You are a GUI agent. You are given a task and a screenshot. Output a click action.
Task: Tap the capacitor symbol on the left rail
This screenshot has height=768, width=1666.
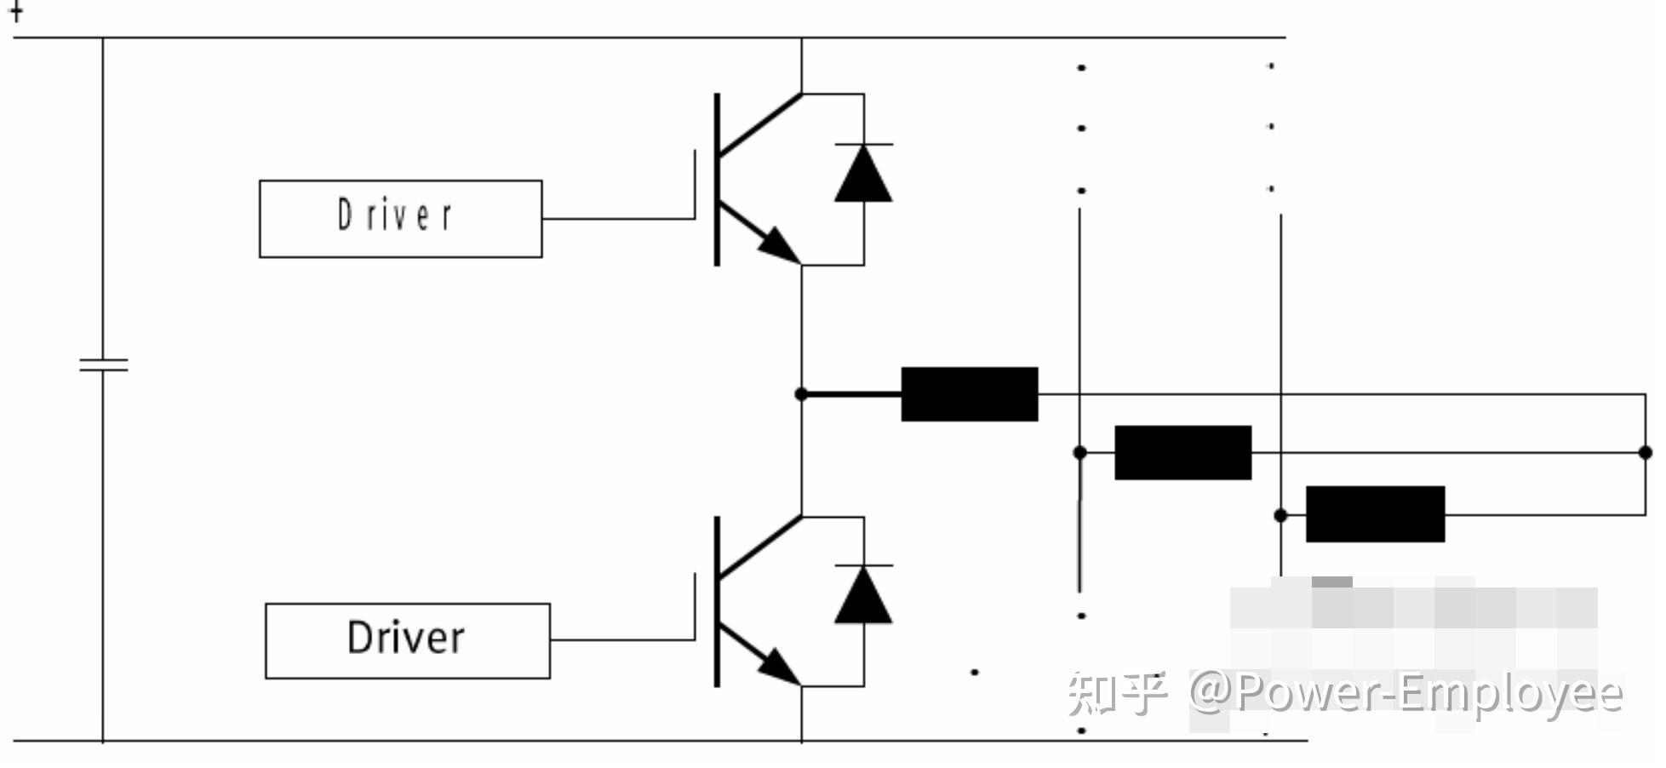[x=103, y=365]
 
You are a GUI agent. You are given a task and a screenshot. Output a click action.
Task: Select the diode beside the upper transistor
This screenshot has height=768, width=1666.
[x=863, y=173]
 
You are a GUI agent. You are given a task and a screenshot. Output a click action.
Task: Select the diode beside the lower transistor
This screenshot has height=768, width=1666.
[x=863, y=593]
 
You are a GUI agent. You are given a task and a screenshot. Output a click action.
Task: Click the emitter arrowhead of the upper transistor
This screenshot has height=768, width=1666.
[x=779, y=245]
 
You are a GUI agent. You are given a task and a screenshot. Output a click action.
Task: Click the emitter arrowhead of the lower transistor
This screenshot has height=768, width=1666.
[x=779, y=667]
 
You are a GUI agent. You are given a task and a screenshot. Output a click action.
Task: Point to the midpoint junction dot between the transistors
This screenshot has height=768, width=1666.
[x=801, y=394]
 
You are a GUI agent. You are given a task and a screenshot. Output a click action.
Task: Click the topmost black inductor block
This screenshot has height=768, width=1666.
[x=970, y=394]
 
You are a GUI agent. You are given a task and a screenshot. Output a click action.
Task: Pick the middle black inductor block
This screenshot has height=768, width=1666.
[x=1182, y=452]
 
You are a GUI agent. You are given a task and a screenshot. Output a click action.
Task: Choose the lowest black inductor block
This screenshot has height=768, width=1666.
[x=1375, y=514]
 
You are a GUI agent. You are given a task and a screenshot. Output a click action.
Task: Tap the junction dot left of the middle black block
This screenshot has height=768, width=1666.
[x=1079, y=452]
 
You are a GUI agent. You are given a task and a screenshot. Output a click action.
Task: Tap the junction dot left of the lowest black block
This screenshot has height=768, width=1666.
[x=1280, y=515]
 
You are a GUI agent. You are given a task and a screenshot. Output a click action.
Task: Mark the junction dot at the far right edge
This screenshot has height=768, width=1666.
[x=1645, y=452]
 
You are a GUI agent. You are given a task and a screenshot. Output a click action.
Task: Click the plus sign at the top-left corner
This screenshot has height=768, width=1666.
[x=15, y=10]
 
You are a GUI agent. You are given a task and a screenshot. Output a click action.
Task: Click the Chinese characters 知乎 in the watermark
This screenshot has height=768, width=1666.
[x=1117, y=692]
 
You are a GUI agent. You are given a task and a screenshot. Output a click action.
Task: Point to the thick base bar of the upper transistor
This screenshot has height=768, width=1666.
[x=717, y=180]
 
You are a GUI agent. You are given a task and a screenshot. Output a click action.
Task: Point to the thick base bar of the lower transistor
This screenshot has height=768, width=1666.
[x=717, y=601]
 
